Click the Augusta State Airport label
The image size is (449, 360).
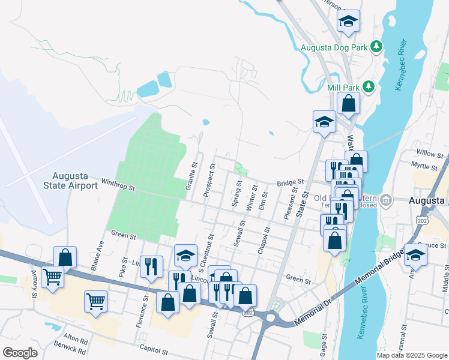pos(75,181)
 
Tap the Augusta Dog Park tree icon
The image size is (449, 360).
pos(376,46)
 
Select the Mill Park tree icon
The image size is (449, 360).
pos(368,88)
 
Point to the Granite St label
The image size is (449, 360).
pos(192,176)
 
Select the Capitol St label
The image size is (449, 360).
pos(154,348)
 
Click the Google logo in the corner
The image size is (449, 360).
pos(20,352)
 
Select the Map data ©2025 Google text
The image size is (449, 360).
pos(412,355)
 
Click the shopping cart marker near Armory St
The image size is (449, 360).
pos(53,277)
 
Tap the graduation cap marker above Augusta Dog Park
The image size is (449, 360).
pos(348,22)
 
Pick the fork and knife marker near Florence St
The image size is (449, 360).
pos(151,265)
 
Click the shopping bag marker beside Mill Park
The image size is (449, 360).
pos(348,103)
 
